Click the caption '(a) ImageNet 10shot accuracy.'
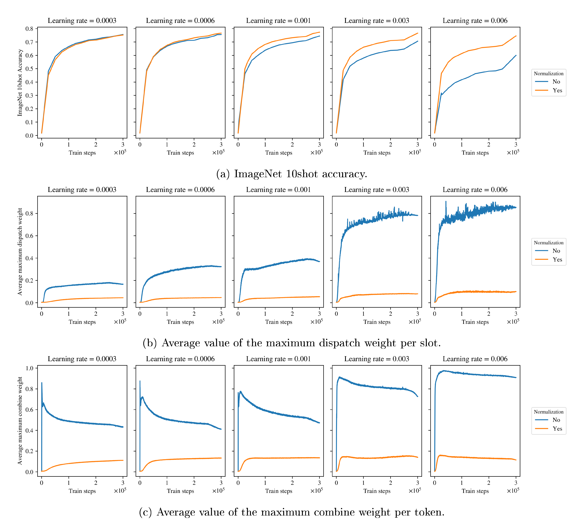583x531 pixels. [291, 174]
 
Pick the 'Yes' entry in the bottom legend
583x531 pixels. [557, 429]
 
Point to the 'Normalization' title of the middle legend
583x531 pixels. [549, 243]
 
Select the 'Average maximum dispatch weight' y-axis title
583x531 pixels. [20, 252]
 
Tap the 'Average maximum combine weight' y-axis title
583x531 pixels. [20, 421]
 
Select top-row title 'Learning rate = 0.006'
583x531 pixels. [475, 21]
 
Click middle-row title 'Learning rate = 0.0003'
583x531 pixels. [82, 190]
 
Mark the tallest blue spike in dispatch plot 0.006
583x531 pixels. [446, 202]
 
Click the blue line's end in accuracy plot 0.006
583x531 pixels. [516, 55]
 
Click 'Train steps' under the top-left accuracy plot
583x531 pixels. [82, 153]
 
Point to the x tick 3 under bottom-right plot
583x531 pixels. [516, 483]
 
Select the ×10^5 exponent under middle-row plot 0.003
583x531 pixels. [414, 321]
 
